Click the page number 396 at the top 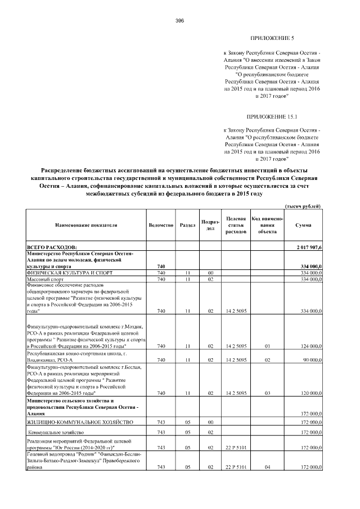[x=180, y=21]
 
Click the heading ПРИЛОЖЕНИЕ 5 [x=272, y=38]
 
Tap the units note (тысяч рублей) [x=303, y=206]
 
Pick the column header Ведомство [x=160, y=225]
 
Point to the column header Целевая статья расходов [x=236, y=225]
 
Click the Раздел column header [x=187, y=225]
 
